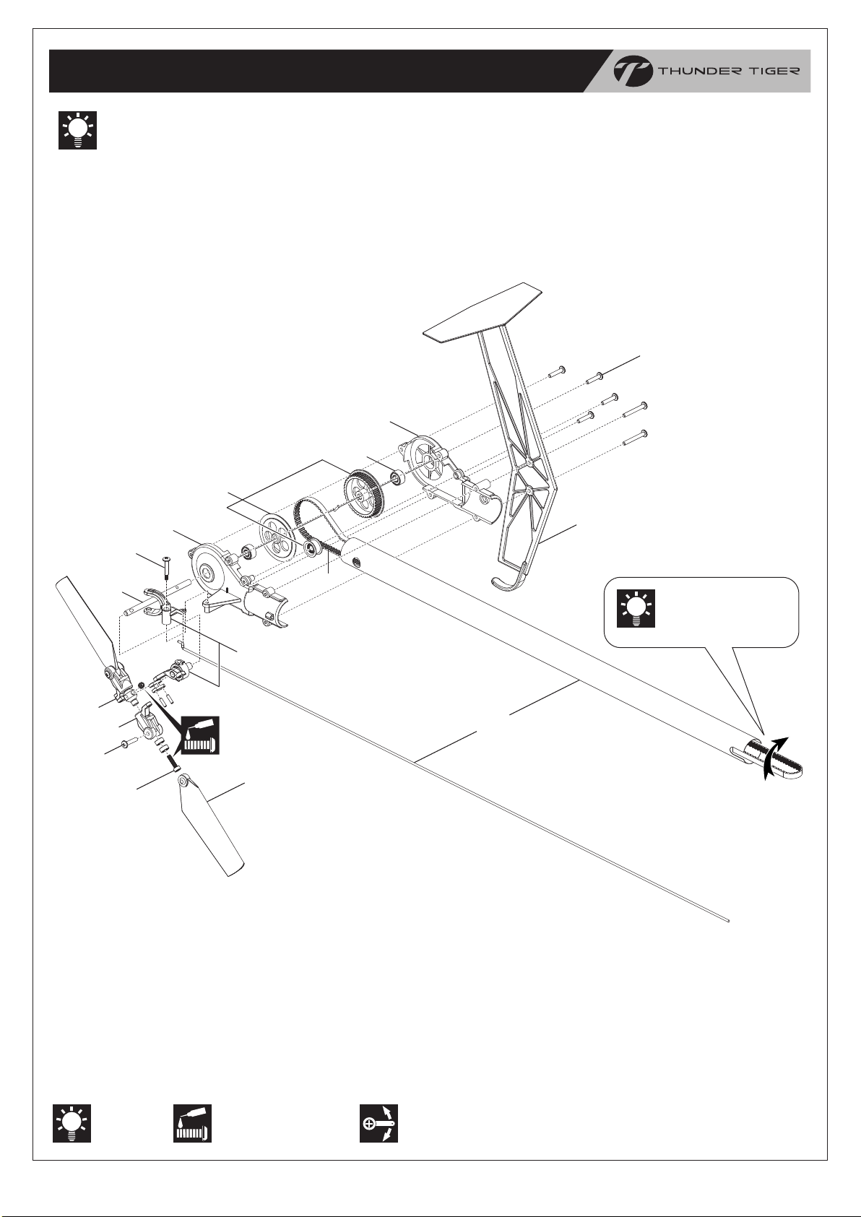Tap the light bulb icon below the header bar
click(x=77, y=131)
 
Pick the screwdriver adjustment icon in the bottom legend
click(x=379, y=1123)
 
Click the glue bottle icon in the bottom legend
click(x=191, y=1123)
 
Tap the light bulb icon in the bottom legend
click(x=72, y=1123)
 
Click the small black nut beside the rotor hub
click(x=142, y=684)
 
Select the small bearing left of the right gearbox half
click(x=397, y=479)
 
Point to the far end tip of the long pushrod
click(x=730, y=920)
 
